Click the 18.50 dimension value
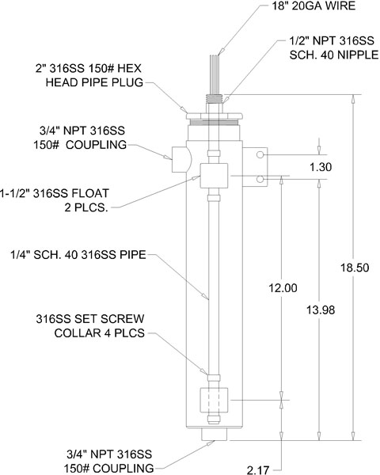pos(355,268)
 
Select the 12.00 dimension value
pos(283,288)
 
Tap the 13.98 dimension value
pos(321,310)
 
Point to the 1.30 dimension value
pos(321,167)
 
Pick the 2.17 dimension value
pos(258,469)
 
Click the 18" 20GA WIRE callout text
pos(313,6)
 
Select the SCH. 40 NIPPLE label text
pos(334,55)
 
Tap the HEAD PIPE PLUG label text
pos(94,82)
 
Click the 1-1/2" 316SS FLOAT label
pos(55,193)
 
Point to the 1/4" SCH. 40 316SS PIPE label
pos(78,255)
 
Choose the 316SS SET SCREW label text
pos(90,319)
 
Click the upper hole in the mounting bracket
pos(260,155)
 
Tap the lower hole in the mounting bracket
pos(260,179)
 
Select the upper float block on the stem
pos(214,176)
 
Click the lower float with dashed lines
pos(214,400)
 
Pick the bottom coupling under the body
pos(214,435)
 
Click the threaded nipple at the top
pos(214,99)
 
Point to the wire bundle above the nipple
pos(215,74)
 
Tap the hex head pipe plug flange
pos(214,116)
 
